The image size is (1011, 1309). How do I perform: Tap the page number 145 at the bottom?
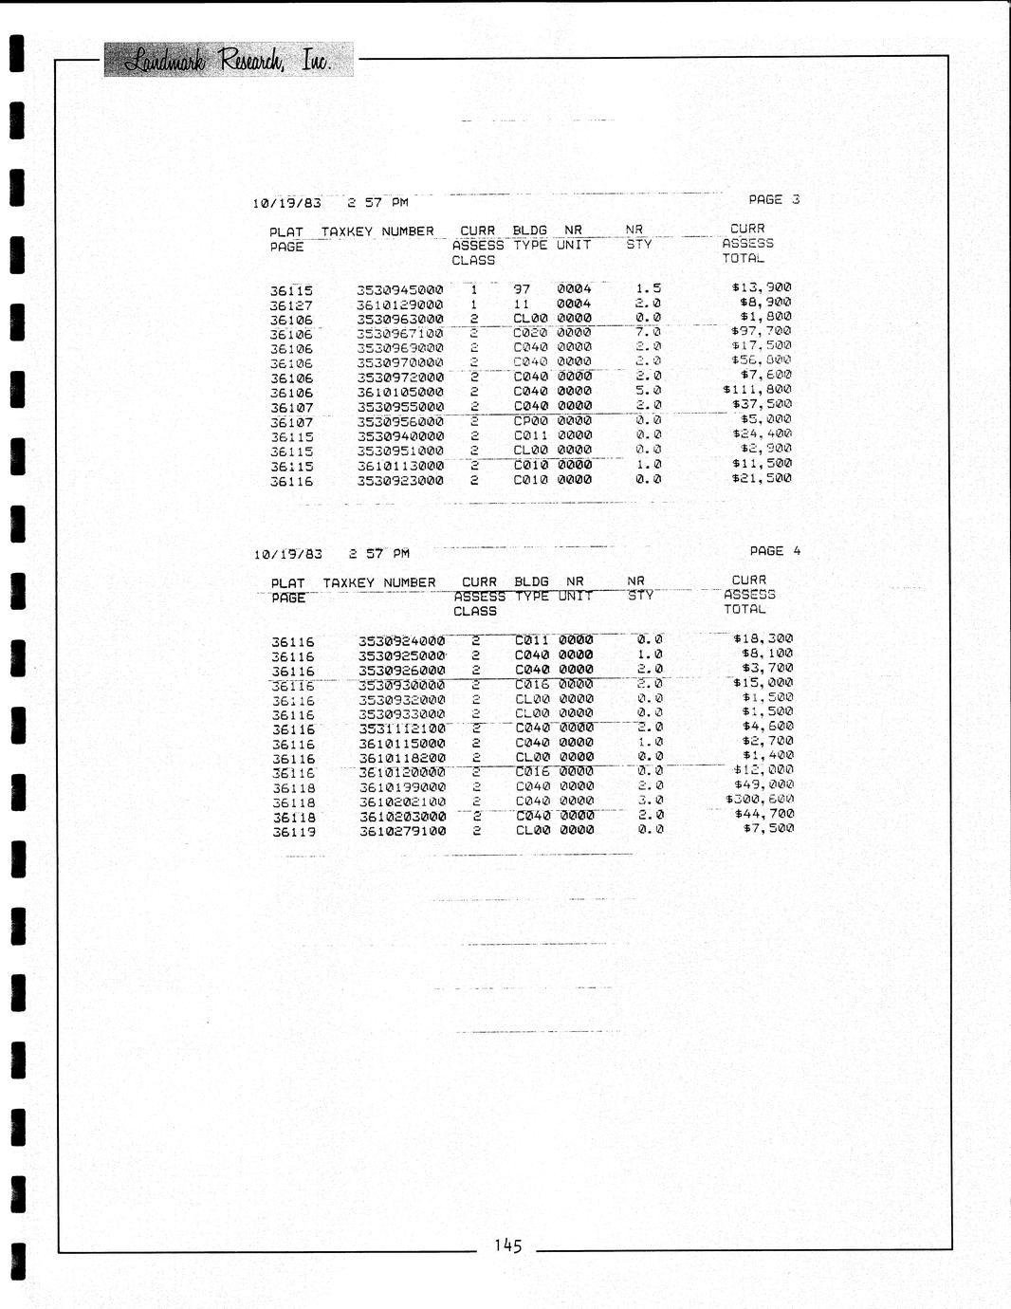point(507,1245)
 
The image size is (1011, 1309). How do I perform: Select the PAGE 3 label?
point(774,199)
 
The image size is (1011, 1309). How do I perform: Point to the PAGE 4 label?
point(775,551)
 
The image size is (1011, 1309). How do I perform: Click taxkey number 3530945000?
point(400,290)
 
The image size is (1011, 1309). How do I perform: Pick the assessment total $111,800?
point(757,390)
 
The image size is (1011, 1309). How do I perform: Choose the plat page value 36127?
point(291,305)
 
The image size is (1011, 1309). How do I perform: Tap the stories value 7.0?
point(649,332)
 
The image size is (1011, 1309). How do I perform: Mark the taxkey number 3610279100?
point(402,831)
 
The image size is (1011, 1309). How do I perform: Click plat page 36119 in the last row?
point(293,832)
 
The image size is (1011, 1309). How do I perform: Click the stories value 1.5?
point(649,288)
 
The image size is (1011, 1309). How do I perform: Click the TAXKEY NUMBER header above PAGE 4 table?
point(379,582)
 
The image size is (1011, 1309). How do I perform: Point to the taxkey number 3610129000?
point(400,304)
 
